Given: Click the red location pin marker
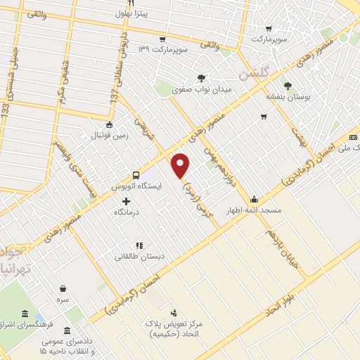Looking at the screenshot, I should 181,165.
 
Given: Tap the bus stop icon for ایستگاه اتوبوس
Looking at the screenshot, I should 135,175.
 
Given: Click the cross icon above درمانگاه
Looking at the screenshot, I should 126,202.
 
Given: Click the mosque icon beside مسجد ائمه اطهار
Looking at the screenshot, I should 253,199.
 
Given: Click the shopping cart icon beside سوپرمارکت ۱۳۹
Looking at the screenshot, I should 162,39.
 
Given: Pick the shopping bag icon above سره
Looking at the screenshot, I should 63,288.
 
